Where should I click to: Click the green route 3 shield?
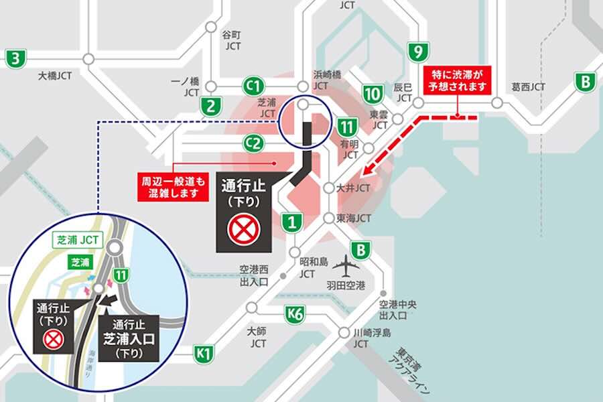15,58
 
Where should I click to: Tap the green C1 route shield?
253,86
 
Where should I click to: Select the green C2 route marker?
253,142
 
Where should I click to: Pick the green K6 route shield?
295,313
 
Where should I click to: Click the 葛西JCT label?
529,87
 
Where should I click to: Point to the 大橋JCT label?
56,76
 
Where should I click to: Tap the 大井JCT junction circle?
328,189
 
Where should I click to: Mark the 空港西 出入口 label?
254,275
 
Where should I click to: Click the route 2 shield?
211,105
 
